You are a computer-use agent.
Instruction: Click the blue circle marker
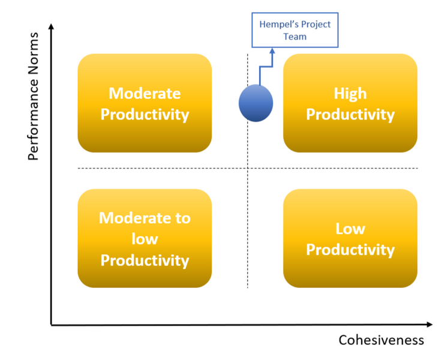[256, 103]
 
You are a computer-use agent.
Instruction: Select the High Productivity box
[350, 103]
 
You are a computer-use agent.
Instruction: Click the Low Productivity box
[350, 239]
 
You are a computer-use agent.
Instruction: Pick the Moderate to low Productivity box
[145, 239]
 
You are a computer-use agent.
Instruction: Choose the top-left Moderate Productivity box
[145, 103]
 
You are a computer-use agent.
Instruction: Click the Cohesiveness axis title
[381, 340]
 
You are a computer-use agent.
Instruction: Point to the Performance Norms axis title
[34, 96]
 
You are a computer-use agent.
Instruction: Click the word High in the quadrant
[350, 94]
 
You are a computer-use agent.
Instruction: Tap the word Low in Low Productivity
[350, 229]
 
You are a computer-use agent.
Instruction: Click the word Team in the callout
[295, 37]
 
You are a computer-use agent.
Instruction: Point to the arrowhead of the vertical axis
[52, 26]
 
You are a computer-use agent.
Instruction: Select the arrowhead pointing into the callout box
[272, 51]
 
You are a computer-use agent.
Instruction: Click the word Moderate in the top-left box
[145, 94]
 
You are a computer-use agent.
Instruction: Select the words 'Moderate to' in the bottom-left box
[145, 218]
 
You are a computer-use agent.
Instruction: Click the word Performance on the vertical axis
[34, 120]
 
